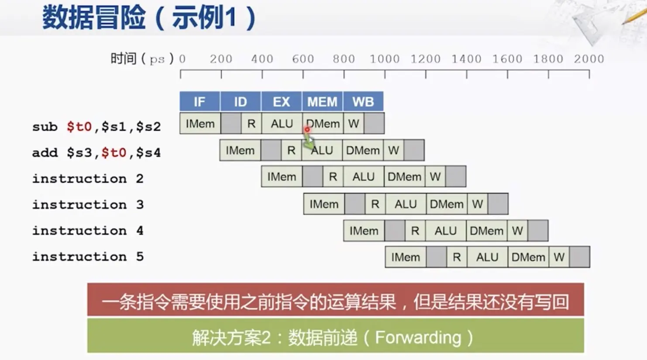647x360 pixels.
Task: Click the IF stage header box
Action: click(200, 101)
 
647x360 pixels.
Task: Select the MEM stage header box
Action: click(322, 101)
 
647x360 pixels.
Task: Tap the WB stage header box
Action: click(363, 101)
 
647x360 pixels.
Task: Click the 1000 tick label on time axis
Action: click(385, 59)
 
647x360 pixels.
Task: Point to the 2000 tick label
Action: click(588, 59)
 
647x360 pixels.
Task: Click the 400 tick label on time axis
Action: click(262, 59)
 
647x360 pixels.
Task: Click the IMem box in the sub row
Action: click(200, 124)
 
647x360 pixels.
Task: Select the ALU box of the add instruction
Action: click(322, 150)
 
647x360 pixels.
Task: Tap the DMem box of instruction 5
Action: click(528, 257)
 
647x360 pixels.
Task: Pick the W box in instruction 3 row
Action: click(477, 204)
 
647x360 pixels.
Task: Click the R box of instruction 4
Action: click(415, 231)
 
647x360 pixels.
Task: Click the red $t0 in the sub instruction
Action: click(79, 127)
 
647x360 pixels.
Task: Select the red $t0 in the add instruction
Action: click(114, 152)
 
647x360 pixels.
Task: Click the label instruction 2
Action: click(87, 178)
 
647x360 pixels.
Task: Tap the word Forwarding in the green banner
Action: click(418, 338)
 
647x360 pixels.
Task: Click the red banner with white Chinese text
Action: click(335, 301)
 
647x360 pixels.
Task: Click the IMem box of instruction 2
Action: click(282, 177)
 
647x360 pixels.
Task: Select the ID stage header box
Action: click(240, 101)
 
